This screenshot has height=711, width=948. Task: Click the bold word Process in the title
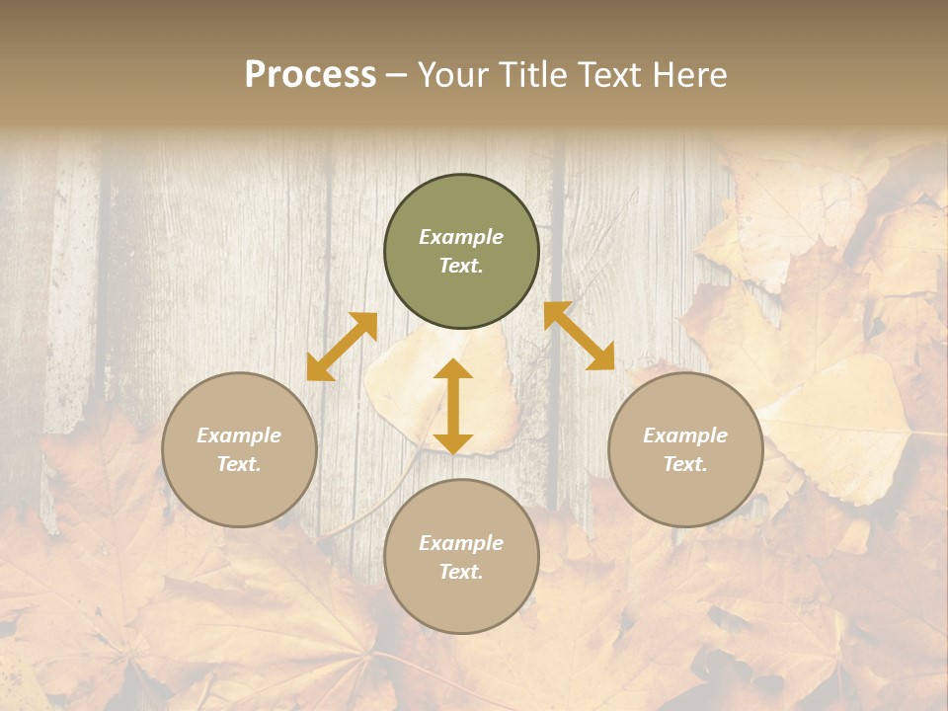pyautogui.click(x=310, y=75)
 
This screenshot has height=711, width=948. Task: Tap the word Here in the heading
pyautogui.click(x=688, y=75)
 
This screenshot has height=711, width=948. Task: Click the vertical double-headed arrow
pyautogui.click(x=453, y=406)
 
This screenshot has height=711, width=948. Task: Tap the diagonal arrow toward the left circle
pyautogui.click(x=342, y=347)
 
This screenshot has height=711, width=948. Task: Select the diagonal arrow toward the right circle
pyautogui.click(x=580, y=336)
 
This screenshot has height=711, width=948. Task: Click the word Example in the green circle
pyautogui.click(x=461, y=237)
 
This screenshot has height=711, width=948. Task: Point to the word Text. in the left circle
pyautogui.click(x=239, y=464)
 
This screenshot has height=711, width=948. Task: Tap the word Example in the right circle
pyautogui.click(x=685, y=435)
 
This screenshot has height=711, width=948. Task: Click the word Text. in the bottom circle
pyautogui.click(x=461, y=572)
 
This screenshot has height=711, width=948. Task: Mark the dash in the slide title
pyautogui.click(x=397, y=76)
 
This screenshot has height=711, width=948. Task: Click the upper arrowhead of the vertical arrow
pyautogui.click(x=453, y=370)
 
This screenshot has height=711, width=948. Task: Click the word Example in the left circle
pyautogui.click(x=239, y=435)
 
